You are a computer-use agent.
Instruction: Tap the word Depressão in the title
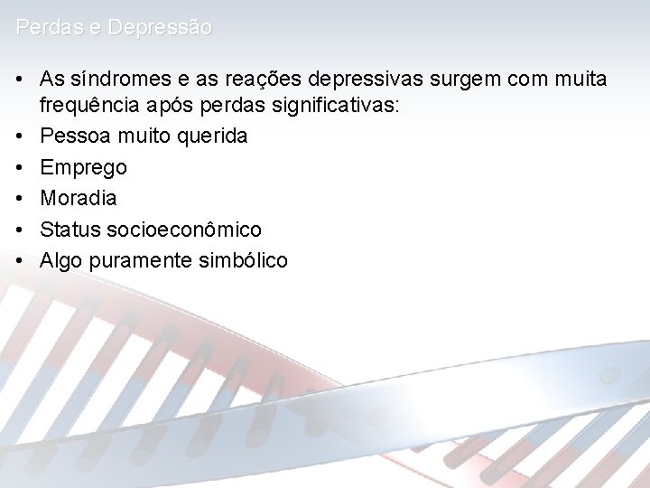[x=160, y=28]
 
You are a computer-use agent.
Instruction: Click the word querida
[x=214, y=136]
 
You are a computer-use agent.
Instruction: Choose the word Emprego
[x=83, y=167]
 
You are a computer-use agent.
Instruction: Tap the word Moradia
[x=79, y=198]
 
